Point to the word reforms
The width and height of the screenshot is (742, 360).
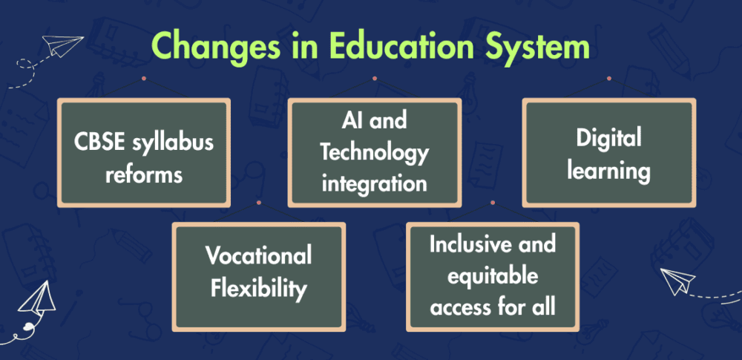point(144,174)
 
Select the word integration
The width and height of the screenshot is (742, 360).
point(374,183)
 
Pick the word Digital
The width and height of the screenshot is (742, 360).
point(608,139)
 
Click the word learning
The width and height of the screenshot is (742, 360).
point(608,171)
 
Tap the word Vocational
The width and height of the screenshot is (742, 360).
point(258,256)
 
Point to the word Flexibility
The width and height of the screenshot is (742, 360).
point(258,289)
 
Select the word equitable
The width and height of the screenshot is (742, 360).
point(493,276)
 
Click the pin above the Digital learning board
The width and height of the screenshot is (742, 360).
point(609,78)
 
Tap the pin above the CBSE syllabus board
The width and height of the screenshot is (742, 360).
point(144,78)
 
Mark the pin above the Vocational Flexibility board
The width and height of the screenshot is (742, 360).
point(259,202)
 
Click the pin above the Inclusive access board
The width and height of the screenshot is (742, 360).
point(493,202)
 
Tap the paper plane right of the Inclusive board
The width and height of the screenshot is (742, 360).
point(677,281)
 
